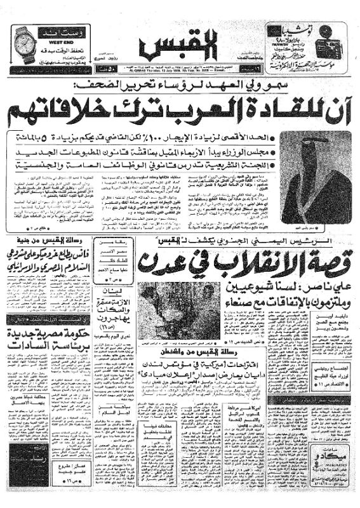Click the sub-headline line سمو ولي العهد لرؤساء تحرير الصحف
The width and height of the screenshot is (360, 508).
point(190,84)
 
